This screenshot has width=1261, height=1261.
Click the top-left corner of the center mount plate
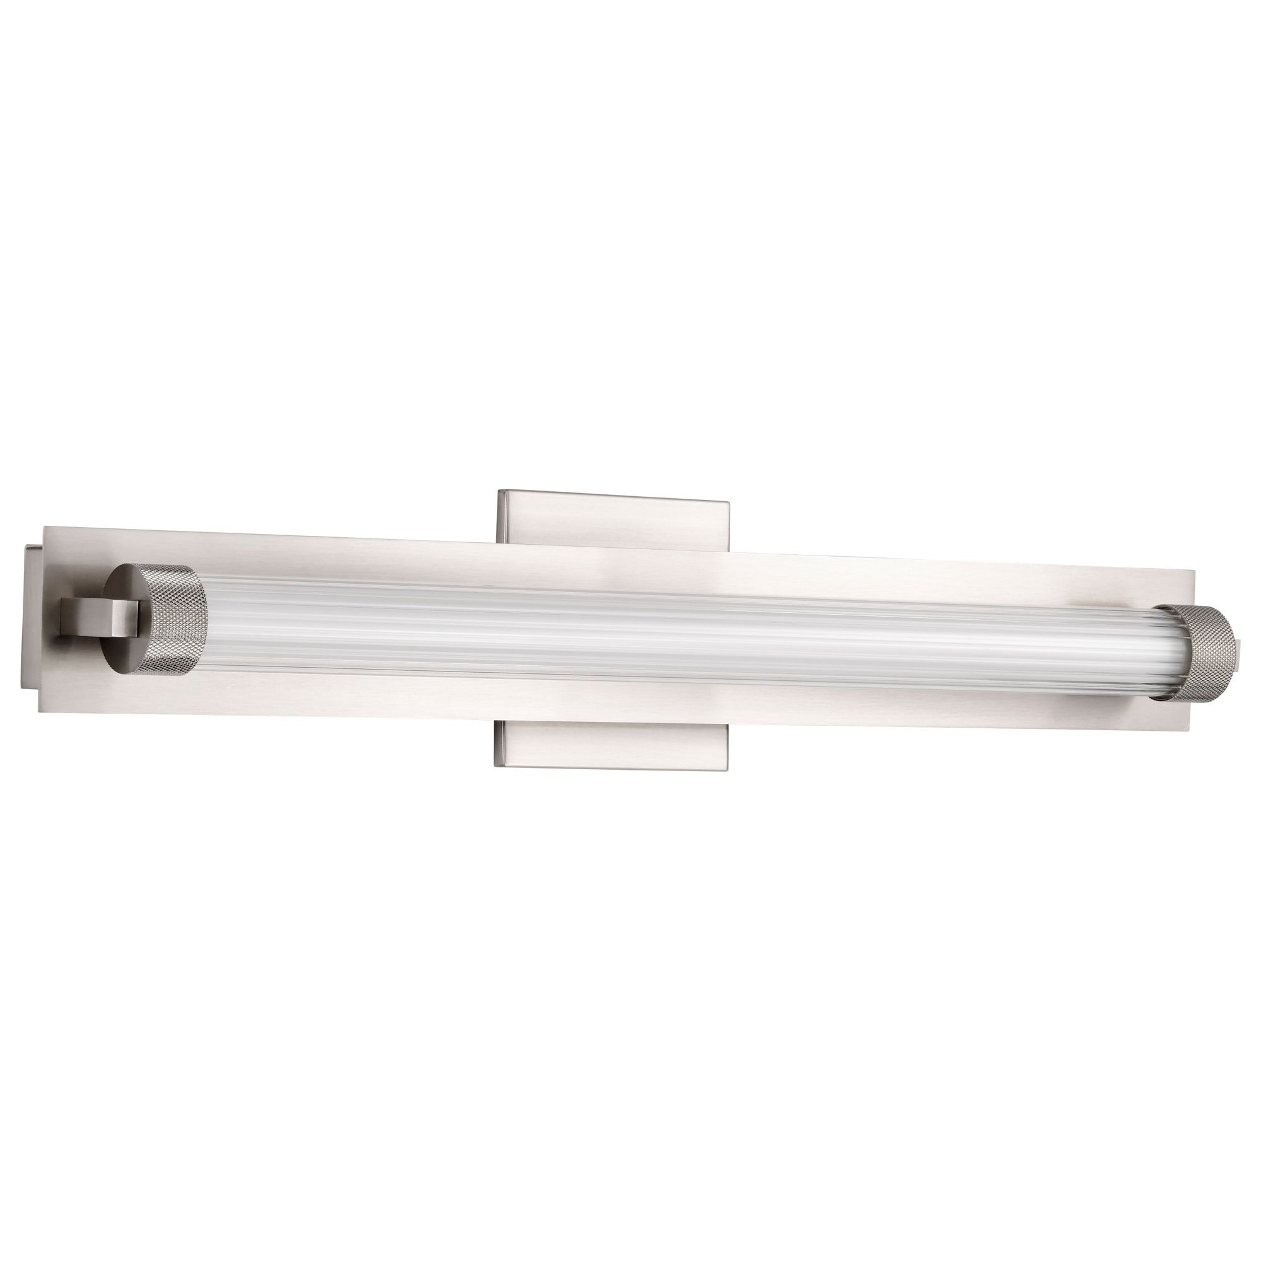(499, 491)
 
